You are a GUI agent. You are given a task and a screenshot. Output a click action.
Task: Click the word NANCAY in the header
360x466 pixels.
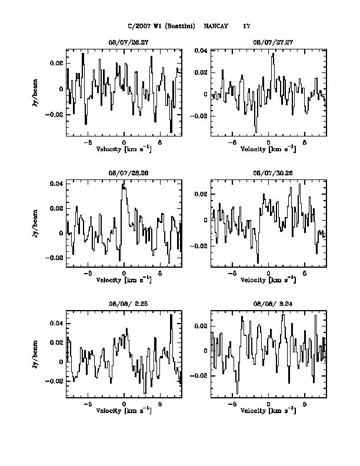click(216, 26)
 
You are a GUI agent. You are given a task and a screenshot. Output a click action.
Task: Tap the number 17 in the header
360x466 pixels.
click(247, 26)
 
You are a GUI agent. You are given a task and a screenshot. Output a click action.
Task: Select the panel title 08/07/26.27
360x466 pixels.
click(124, 42)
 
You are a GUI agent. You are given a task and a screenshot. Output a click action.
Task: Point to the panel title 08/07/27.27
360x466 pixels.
click(268, 42)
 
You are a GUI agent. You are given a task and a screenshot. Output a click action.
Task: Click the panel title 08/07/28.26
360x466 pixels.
click(124, 174)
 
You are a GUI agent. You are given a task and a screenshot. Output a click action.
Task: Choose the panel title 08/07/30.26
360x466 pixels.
click(268, 174)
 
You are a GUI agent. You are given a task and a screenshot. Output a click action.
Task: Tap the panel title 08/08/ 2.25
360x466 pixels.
click(124, 306)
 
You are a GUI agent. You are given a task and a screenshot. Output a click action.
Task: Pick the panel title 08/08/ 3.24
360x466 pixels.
click(268, 306)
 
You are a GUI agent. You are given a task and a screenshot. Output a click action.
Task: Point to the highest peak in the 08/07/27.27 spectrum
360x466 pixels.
click(273, 55)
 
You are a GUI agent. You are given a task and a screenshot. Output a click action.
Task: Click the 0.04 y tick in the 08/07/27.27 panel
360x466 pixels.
click(201, 51)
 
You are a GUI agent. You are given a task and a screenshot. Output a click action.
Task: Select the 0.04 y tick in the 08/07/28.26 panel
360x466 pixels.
click(56, 184)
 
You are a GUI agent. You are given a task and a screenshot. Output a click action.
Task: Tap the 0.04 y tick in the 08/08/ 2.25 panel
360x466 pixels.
click(56, 324)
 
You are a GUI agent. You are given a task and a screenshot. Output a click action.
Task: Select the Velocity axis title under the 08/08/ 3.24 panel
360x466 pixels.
click(268, 410)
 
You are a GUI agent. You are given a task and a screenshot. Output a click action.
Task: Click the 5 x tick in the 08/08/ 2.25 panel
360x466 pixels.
click(160, 405)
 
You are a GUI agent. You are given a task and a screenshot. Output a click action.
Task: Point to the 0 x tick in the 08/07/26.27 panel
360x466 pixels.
click(124, 142)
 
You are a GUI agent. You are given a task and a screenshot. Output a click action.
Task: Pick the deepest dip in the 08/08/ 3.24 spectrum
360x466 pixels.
click(238, 392)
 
